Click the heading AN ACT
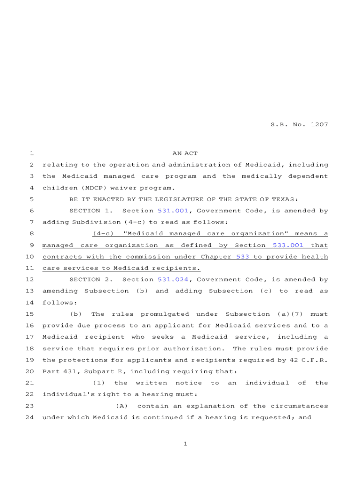[x=185, y=153]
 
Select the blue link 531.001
[x=173, y=211]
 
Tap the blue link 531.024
[x=173, y=280]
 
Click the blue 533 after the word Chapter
[x=243, y=257]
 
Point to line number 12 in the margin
[x=29, y=280]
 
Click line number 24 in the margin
[x=29, y=417]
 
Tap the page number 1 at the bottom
[x=185, y=444]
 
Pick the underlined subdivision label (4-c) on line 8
[x=103, y=234]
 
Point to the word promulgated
[x=165, y=314]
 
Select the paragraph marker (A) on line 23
[x=122, y=406]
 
